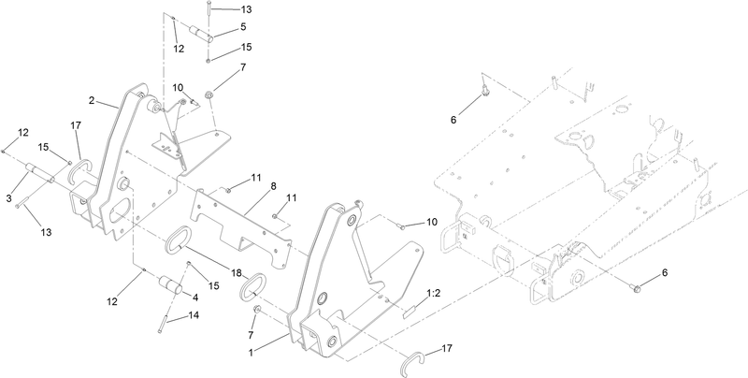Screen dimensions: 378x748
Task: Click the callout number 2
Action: pos(92,99)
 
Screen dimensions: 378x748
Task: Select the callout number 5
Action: pos(217,28)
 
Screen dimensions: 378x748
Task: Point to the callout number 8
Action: pos(273,187)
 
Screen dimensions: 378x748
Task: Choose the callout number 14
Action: pos(194,316)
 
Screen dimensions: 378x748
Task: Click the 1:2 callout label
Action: pos(434,294)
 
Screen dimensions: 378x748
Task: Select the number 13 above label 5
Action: pos(220,8)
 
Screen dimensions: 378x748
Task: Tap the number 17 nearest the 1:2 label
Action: pos(445,348)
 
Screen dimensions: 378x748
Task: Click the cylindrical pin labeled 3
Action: pos(38,173)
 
